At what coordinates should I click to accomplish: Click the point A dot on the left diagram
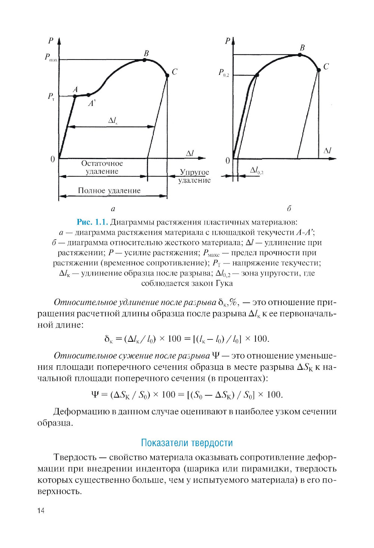[x=75, y=96]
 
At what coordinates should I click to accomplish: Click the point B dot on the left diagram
[x=144, y=60]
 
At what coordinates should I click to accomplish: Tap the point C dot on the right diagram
[x=319, y=70]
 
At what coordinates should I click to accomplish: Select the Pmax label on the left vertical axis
[x=51, y=58]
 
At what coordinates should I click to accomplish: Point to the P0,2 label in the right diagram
[x=224, y=73]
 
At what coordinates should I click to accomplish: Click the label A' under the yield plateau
[x=92, y=103]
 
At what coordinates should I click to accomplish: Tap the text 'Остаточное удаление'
[x=102, y=167]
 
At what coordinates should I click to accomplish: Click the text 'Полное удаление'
[x=109, y=191]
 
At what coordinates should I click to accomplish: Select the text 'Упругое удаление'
[x=194, y=176]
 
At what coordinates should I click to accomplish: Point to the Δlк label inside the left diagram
[x=113, y=121]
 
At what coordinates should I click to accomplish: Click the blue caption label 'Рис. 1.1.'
[x=92, y=222]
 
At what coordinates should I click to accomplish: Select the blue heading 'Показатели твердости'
[x=187, y=443]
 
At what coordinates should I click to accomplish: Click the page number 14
[x=41, y=511]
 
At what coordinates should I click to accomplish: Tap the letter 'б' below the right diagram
[x=289, y=208]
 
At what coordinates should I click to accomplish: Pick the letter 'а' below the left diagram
[x=113, y=209]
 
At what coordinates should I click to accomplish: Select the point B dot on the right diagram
[x=300, y=55]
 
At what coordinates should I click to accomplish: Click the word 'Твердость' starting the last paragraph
[x=75, y=457]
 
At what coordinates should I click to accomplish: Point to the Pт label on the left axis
[x=51, y=97]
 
